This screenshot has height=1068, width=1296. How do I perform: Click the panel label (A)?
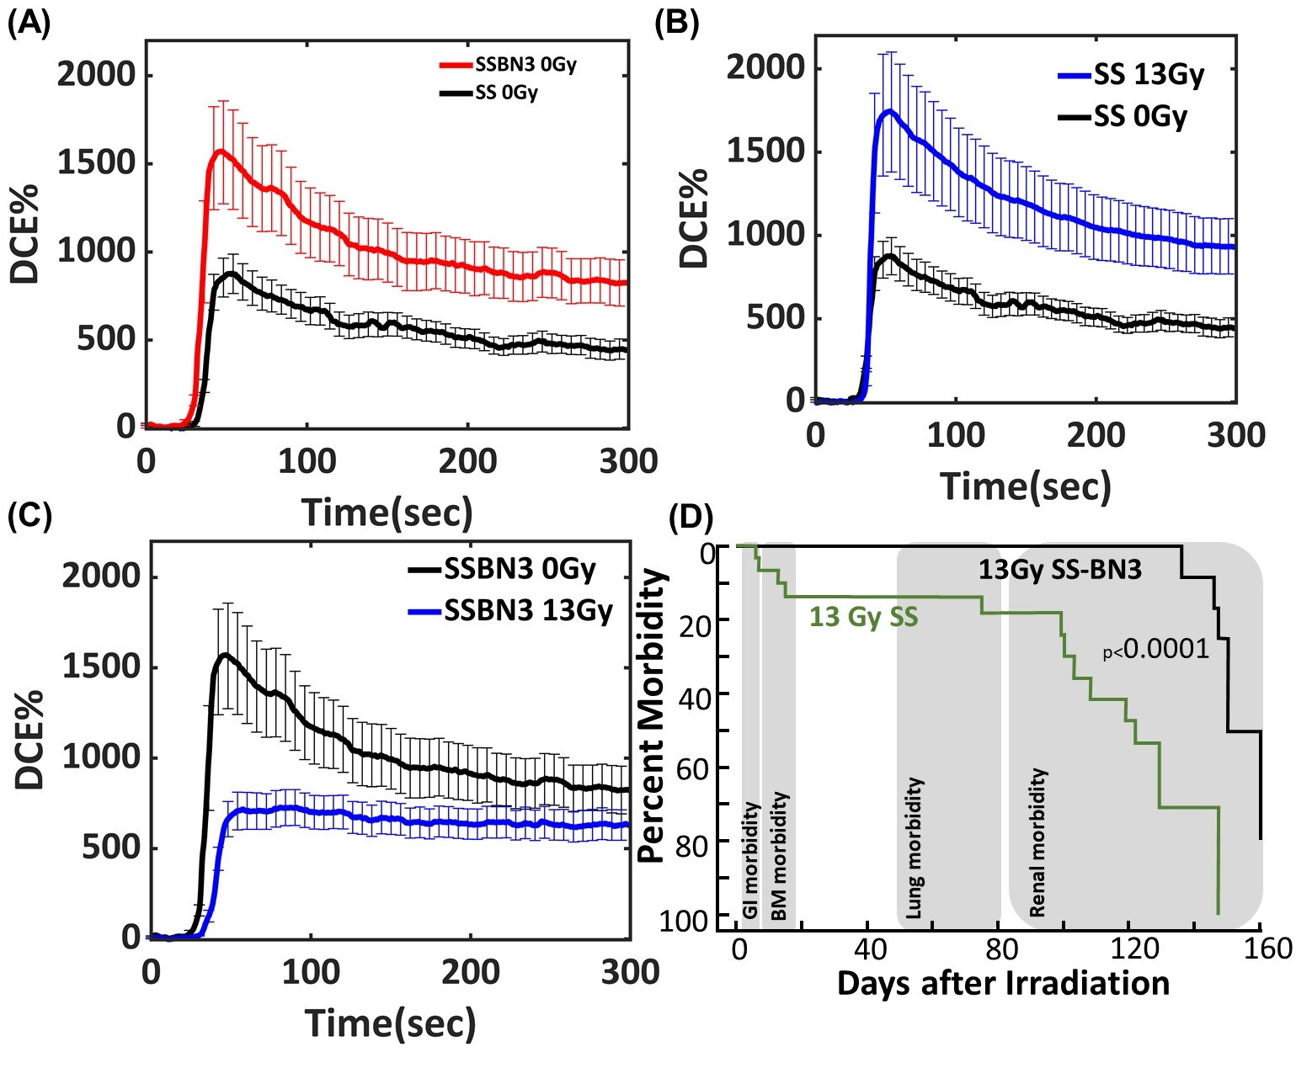pyautogui.click(x=29, y=24)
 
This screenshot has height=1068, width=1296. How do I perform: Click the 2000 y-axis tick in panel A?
pyautogui.click(x=96, y=75)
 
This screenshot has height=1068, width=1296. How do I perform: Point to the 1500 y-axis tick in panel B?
pyautogui.click(x=765, y=151)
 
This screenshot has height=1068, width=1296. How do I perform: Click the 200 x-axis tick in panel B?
pyautogui.click(x=1096, y=435)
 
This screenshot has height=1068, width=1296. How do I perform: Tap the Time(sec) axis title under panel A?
pyautogui.click(x=387, y=513)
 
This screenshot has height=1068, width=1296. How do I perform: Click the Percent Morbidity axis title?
pyautogui.click(x=653, y=716)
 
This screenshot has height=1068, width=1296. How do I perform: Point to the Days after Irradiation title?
pyautogui.click(x=1003, y=983)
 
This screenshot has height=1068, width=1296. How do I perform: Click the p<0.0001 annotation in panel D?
pyautogui.click(x=1156, y=649)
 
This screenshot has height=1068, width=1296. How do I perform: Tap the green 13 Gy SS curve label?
pyautogui.click(x=863, y=618)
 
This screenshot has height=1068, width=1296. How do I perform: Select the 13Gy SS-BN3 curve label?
pyautogui.click(x=1059, y=570)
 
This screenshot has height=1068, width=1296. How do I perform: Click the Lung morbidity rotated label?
pyautogui.click(x=915, y=847)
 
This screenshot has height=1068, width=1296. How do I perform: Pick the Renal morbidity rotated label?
pyautogui.click(x=1037, y=842)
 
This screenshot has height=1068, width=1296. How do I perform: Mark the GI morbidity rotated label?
pyautogui.click(x=750, y=859)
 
